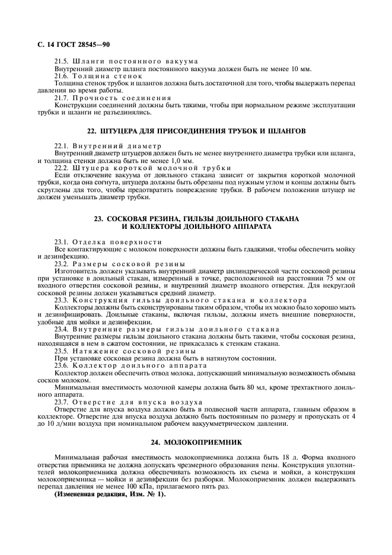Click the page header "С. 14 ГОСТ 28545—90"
[x=72, y=44]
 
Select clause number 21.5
[x=62, y=62]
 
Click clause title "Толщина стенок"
[x=107, y=76]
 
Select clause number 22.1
[x=62, y=146]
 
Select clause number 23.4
[x=62, y=328]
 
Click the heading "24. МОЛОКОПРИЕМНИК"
[x=196, y=442]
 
